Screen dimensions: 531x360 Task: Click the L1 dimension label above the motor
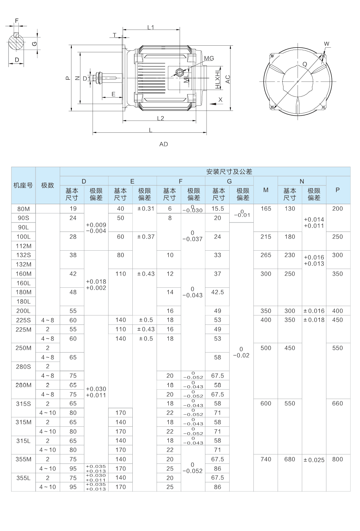click(151, 27)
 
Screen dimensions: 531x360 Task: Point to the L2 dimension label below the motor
click(160, 118)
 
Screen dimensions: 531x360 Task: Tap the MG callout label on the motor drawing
click(209, 58)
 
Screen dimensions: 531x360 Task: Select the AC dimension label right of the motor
click(228, 79)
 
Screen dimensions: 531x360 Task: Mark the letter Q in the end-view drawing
click(305, 64)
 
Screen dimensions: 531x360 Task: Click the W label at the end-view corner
click(327, 43)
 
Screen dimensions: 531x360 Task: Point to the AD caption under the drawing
click(164, 144)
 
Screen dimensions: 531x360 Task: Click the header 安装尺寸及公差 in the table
click(229, 171)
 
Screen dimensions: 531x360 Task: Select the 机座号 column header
click(23, 185)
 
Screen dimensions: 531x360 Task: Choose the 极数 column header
click(48, 185)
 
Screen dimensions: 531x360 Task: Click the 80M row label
click(23, 208)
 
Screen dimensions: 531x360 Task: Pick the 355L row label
click(23, 478)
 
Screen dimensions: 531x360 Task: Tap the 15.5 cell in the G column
click(217, 208)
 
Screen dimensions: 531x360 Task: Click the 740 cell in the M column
click(266, 459)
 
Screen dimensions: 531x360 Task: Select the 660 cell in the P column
click(337, 403)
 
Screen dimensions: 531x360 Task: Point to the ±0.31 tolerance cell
click(145, 208)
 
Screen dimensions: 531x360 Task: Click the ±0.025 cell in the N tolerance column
click(314, 460)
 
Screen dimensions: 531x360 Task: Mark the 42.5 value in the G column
click(217, 292)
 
